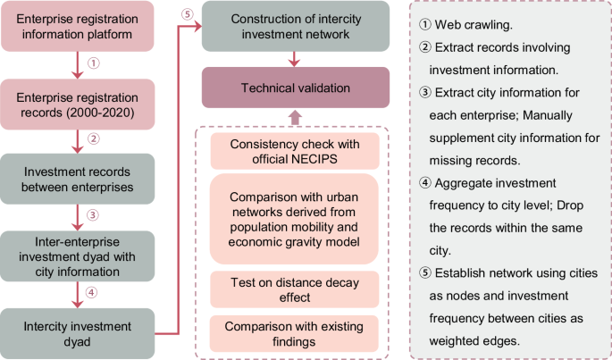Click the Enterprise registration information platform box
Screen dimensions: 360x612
click(77, 27)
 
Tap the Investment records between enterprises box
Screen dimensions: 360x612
click(77, 178)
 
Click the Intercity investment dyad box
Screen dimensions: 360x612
click(77, 329)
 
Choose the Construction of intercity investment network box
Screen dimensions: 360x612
click(296, 27)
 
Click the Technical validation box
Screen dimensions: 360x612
click(296, 89)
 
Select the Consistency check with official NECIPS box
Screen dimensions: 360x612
click(296, 153)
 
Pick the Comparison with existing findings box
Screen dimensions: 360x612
click(296, 332)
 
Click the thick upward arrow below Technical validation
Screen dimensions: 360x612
click(296, 117)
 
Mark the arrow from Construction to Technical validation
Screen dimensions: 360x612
click(296, 59)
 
